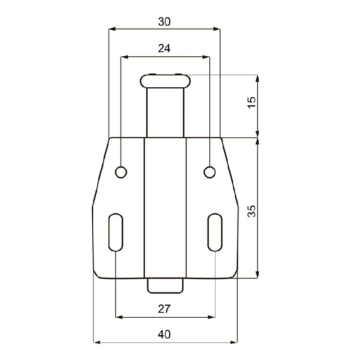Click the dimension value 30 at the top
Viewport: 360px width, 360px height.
pos(164,22)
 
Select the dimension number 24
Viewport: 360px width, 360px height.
pos(164,49)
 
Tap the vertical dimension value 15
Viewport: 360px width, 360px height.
pos(252,102)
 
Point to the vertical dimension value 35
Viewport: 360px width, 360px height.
pos(252,211)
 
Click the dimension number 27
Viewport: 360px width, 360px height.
pos(164,309)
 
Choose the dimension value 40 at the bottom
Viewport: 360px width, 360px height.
pos(164,334)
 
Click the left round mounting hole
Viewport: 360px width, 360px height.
pos(121,172)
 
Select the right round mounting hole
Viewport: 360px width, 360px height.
pos(209,172)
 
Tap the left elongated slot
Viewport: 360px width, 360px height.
pos(116,232)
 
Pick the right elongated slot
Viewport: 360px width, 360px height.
pos(215,232)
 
